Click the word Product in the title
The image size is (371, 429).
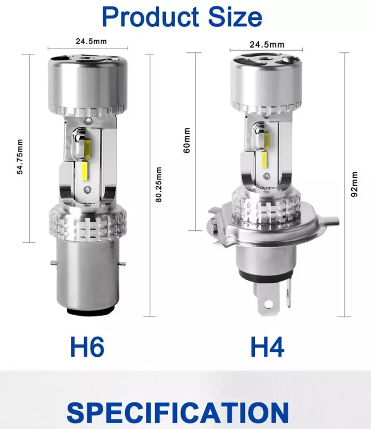(x=150, y=17)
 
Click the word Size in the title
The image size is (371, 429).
(x=235, y=17)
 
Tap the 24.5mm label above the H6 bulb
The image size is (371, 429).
(x=91, y=41)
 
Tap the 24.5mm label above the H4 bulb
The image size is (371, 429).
(x=267, y=44)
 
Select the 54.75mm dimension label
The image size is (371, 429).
(x=20, y=157)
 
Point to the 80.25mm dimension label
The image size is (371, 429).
(x=159, y=184)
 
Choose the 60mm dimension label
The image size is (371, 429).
(x=186, y=140)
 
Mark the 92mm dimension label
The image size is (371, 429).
(x=354, y=184)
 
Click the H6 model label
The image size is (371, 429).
(x=87, y=346)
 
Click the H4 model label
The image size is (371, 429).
(x=268, y=346)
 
